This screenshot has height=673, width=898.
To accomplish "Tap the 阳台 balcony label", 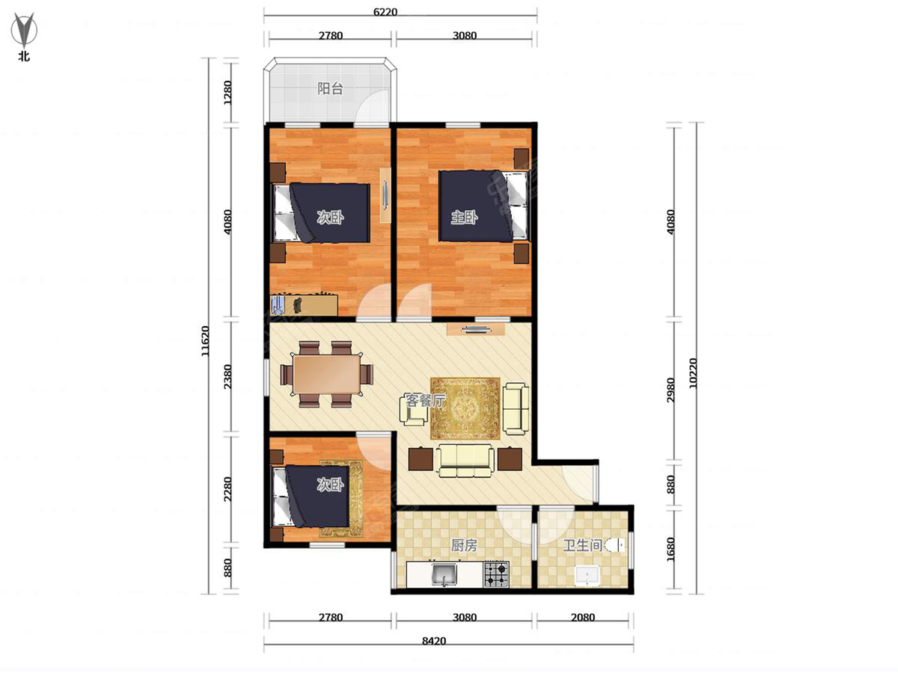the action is (x=330, y=88).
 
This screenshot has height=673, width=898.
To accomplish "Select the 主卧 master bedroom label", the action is (x=464, y=218).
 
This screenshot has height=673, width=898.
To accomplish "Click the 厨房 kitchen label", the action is (x=464, y=545).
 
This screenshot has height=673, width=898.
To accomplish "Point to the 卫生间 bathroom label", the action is (x=582, y=545).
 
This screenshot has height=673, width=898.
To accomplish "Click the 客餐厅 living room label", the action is (x=424, y=401).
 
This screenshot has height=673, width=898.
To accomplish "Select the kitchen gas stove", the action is (x=497, y=574).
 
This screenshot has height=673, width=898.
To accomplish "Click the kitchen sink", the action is (x=445, y=574).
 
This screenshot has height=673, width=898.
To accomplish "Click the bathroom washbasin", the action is (x=587, y=575).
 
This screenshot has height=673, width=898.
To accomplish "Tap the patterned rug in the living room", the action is (x=465, y=408).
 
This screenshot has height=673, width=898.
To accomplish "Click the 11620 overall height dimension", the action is (x=205, y=341).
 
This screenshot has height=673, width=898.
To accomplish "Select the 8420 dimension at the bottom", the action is (x=433, y=641).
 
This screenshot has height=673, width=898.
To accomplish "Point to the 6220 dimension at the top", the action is (x=385, y=12).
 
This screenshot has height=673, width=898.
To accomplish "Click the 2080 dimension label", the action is (x=582, y=617).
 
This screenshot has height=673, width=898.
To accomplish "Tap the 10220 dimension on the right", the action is (x=692, y=373).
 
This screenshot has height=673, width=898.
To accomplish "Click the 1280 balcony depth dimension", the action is (x=228, y=92).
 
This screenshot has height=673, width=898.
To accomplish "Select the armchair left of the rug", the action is (x=413, y=411).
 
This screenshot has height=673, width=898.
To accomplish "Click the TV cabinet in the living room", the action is (x=475, y=328).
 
